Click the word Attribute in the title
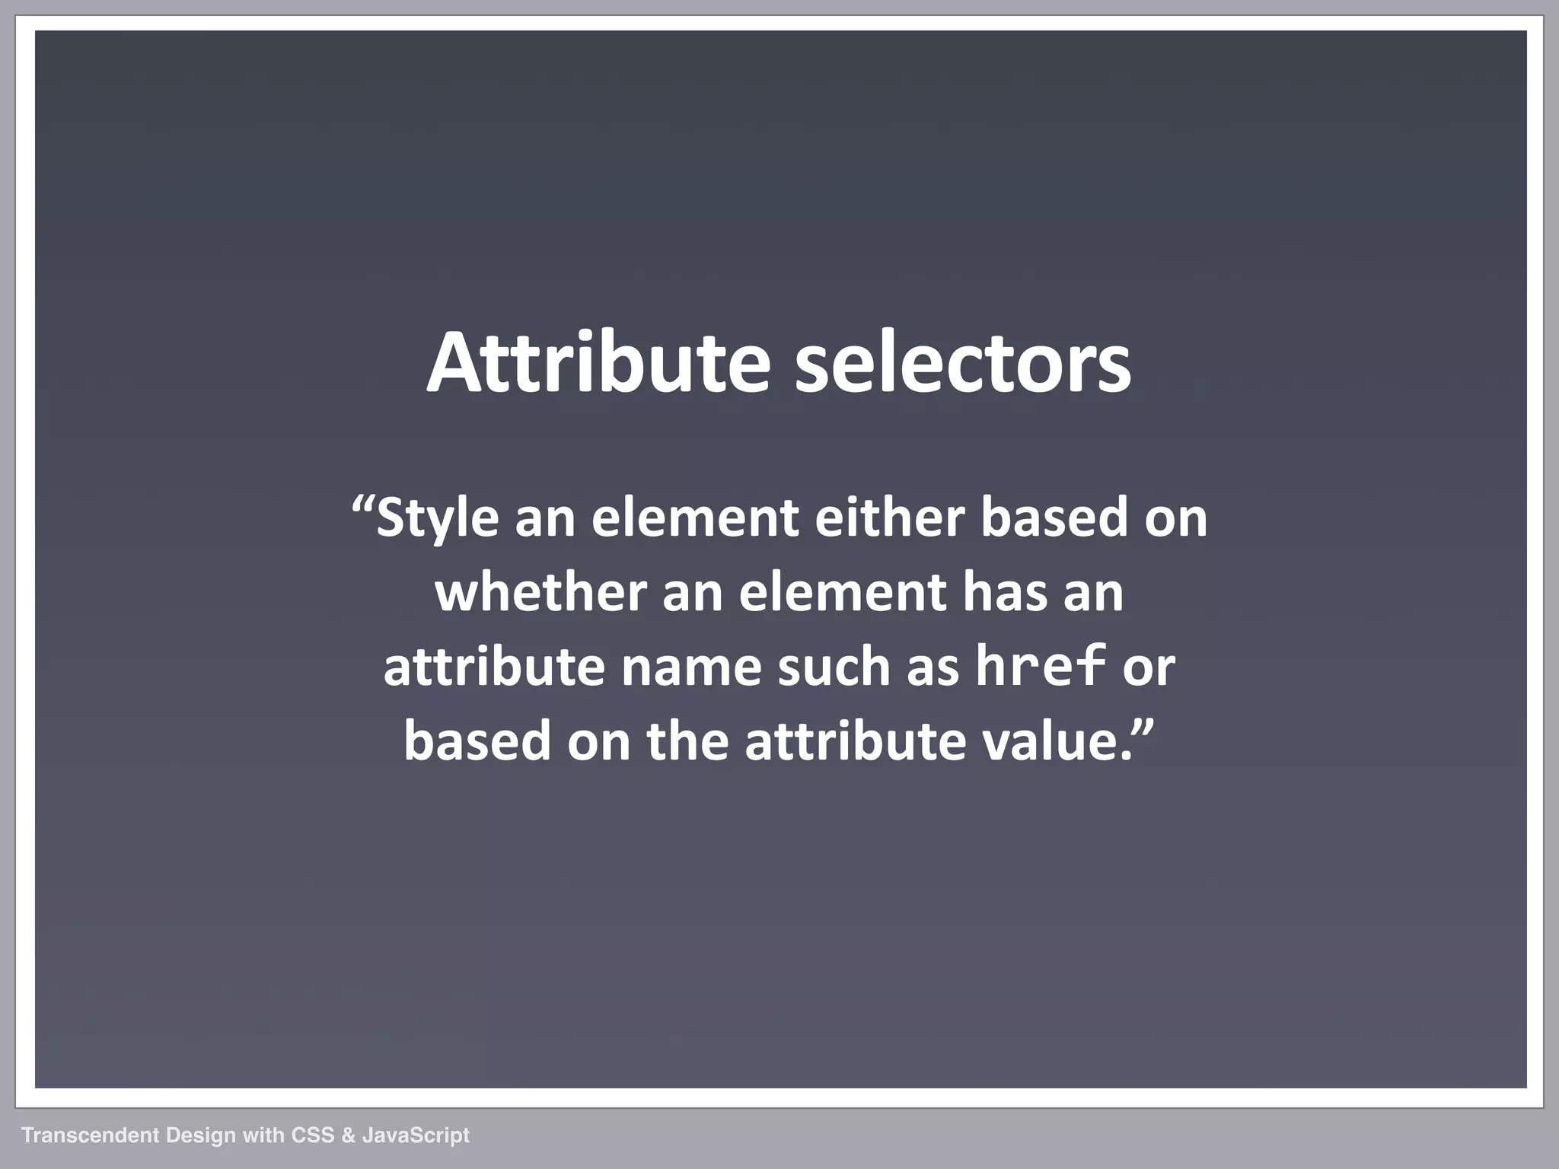coord(598,362)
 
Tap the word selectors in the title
coord(963,362)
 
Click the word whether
coord(540,592)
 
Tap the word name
coord(691,667)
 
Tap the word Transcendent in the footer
coord(91,1136)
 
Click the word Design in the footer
coord(201,1136)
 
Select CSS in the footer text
coord(313,1136)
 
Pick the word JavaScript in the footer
coord(416,1136)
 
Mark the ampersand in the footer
coord(348,1136)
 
